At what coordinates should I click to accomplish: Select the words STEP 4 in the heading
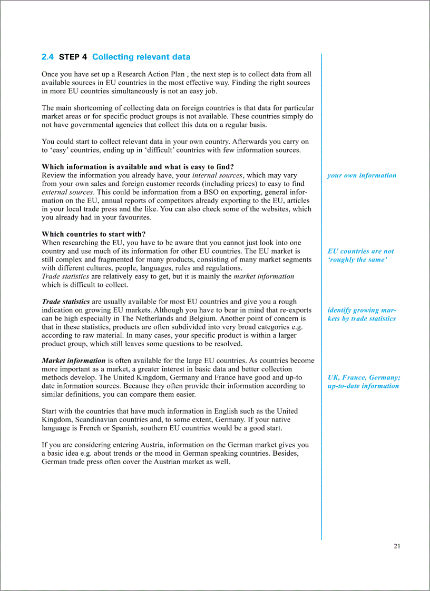73,57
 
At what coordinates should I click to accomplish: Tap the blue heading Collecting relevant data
141,57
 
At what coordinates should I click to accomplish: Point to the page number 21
397,546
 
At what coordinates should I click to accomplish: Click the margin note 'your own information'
361,175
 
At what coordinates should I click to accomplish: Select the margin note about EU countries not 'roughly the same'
360,255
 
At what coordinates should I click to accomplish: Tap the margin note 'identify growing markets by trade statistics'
361,314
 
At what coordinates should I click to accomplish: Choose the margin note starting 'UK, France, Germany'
364,382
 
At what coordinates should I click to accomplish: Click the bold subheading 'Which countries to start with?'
94,234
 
